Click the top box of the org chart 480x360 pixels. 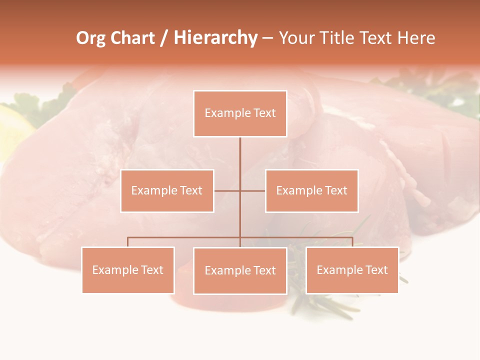pyautogui.click(x=240, y=113)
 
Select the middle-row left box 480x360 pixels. pyautogui.click(x=167, y=190)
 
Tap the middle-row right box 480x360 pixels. pyautogui.click(x=311, y=190)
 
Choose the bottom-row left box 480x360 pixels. pyautogui.click(x=128, y=270)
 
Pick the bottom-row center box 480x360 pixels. pyautogui.click(x=240, y=270)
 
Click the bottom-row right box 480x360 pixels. pyautogui.click(x=352, y=270)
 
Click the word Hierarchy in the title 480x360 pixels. pyautogui.click(x=215, y=38)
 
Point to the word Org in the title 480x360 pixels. pyautogui.click(x=91, y=38)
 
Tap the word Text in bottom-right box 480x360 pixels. pyautogui.click(x=376, y=270)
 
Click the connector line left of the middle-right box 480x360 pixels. pyautogui.click(x=253, y=190)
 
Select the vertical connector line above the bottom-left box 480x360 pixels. pyautogui.click(x=128, y=242)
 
